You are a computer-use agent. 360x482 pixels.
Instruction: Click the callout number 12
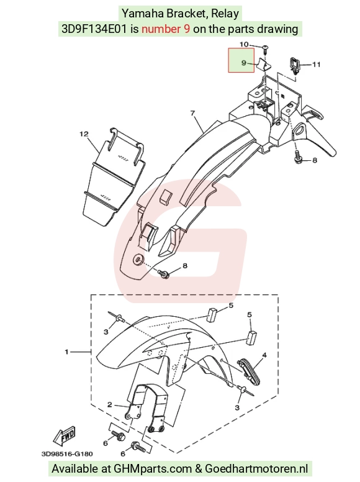click(84, 134)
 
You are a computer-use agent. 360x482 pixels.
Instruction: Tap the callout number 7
click(192, 113)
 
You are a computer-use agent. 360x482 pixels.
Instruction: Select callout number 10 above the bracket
click(244, 44)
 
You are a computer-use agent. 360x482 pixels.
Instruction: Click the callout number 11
click(317, 64)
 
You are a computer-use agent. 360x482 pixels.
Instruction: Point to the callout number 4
click(264, 355)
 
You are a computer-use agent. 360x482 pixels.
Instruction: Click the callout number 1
click(66, 352)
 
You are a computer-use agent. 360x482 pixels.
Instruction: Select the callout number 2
click(110, 404)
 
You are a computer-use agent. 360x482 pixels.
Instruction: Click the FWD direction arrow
click(64, 437)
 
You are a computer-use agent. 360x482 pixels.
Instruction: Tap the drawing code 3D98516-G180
click(67, 453)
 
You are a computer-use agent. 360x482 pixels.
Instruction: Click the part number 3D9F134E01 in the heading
click(94, 29)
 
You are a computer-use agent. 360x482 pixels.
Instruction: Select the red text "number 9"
click(166, 29)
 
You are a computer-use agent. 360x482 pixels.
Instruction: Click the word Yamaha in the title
click(143, 14)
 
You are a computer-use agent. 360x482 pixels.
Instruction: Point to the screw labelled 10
click(265, 48)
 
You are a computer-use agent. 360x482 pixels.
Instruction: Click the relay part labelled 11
click(294, 65)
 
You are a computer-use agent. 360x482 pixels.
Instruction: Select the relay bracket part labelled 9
click(263, 65)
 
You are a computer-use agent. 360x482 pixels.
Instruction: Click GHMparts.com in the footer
click(152, 468)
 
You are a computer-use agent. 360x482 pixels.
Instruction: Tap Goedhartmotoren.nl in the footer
click(256, 468)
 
